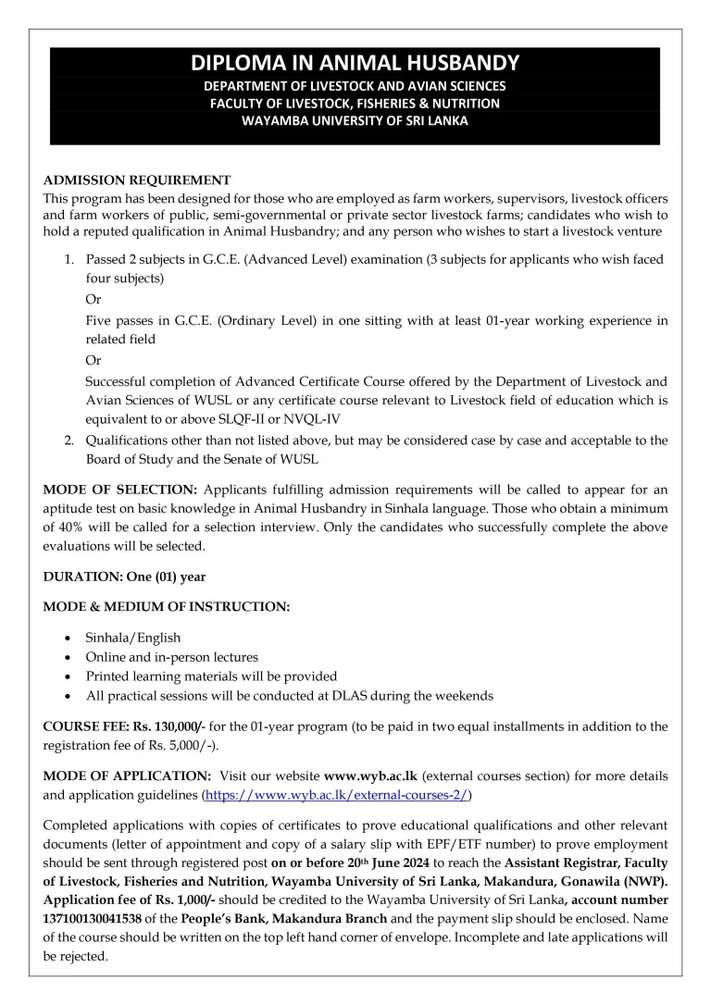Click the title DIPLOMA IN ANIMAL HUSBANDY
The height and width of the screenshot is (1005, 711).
(x=355, y=64)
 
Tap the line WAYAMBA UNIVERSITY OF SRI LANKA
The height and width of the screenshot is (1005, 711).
(x=355, y=120)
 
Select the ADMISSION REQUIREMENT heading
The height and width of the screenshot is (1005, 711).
(x=137, y=180)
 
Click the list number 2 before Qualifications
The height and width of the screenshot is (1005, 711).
(x=69, y=440)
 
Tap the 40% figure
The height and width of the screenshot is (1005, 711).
(x=58, y=527)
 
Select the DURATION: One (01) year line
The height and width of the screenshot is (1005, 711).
(x=124, y=577)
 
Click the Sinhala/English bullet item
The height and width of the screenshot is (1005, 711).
(x=133, y=638)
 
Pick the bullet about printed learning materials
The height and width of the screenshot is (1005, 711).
(x=211, y=676)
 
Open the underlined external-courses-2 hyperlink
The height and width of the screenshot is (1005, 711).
(x=337, y=794)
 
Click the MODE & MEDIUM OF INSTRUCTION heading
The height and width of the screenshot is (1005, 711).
(x=167, y=607)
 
